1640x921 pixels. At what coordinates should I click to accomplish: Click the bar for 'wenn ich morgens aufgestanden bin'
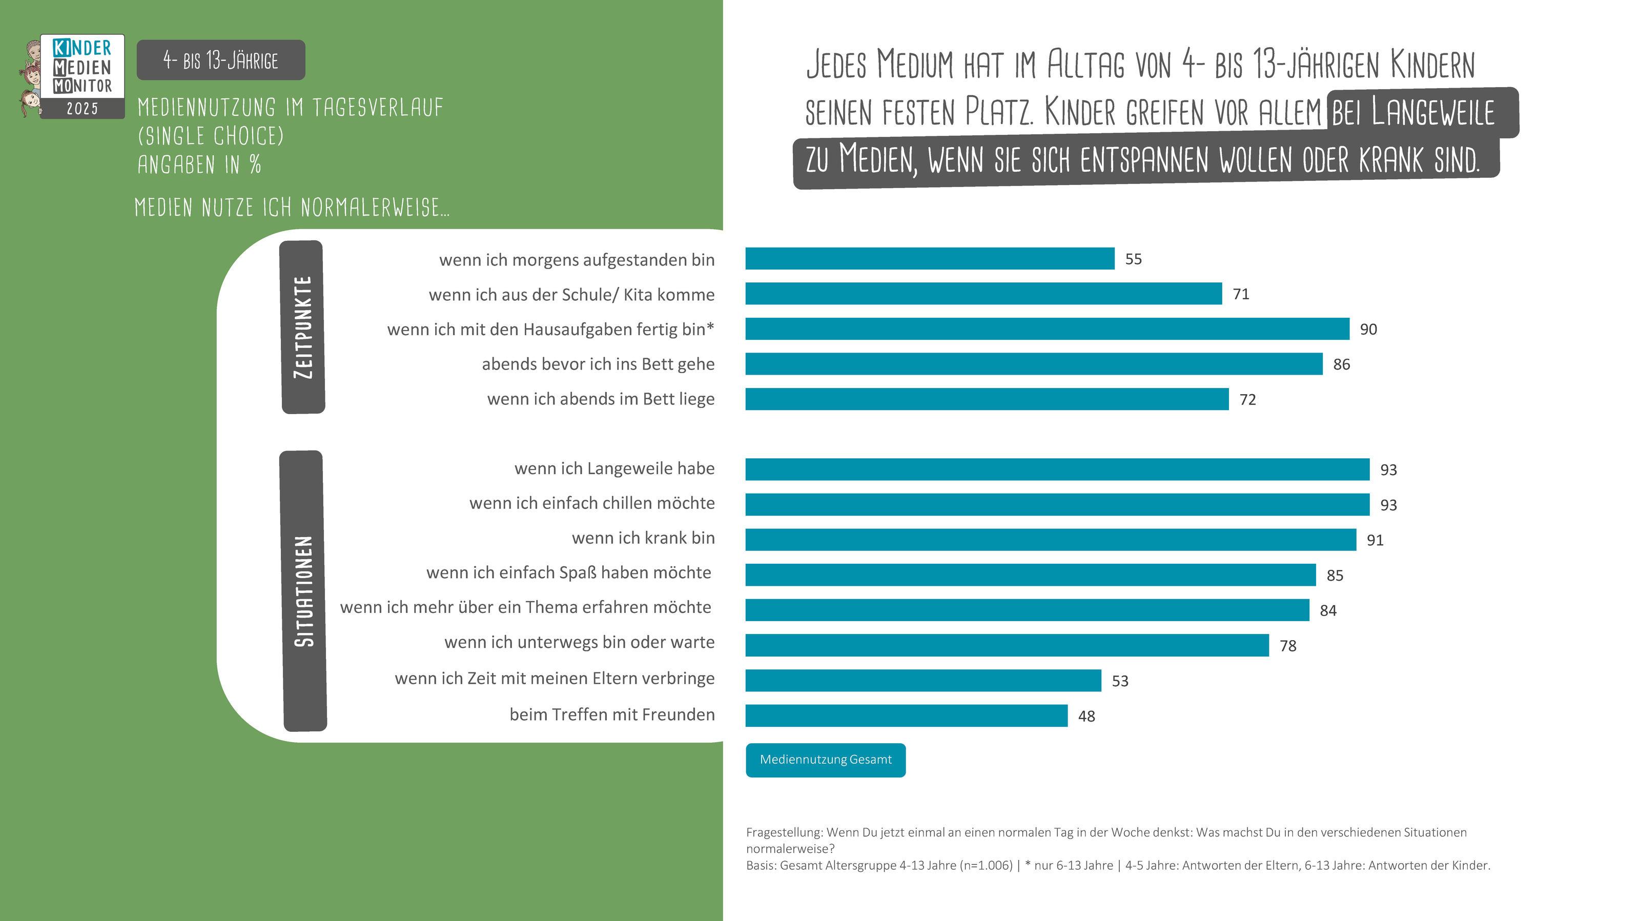click(x=930, y=258)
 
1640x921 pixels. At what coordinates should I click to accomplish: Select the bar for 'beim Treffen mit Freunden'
click(x=906, y=715)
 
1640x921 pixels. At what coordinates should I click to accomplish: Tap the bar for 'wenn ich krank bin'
click(x=1051, y=540)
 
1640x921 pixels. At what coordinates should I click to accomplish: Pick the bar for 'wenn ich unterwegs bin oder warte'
click(x=1007, y=645)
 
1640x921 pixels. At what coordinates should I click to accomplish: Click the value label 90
click(x=1368, y=329)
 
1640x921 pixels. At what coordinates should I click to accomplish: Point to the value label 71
click(x=1241, y=294)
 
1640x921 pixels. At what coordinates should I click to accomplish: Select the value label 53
click(x=1120, y=681)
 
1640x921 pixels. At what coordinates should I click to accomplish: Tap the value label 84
click(x=1328, y=610)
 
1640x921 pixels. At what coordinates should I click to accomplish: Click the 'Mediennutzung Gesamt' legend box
click(x=825, y=760)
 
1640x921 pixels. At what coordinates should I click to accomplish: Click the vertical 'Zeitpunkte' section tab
click(x=303, y=327)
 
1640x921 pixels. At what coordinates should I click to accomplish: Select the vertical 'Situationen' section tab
click(x=304, y=590)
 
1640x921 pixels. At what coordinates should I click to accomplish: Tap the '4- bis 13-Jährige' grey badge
click(x=221, y=60)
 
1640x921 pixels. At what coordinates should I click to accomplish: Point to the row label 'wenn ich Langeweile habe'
click(x=614, y=468)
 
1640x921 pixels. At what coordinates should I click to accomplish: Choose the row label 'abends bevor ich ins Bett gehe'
click(x=598, y=364)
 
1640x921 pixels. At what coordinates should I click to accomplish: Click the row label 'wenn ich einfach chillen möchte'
click(x=591, y=503)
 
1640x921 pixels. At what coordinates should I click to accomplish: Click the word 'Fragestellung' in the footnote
click(x=784, y=832)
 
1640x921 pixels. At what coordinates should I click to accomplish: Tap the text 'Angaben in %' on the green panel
click(x=199, y=165)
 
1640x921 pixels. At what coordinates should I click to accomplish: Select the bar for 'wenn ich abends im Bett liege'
click(x=987, y=399)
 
